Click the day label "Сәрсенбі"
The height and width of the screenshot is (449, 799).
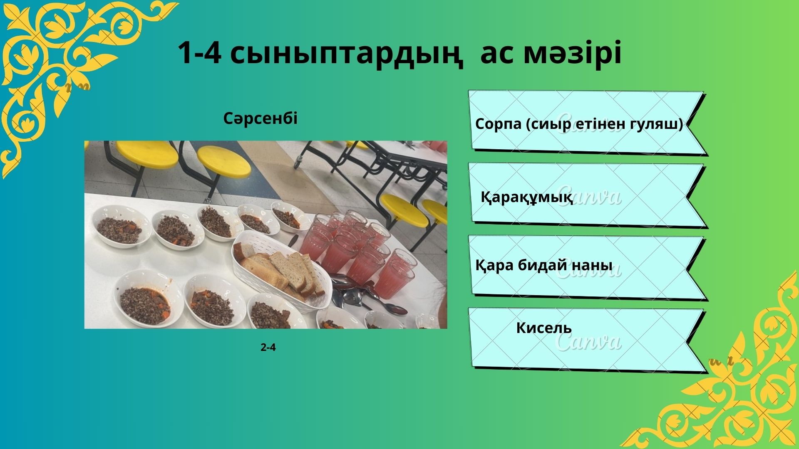coord(261,119)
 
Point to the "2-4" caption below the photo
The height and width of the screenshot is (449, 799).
coord(268,348)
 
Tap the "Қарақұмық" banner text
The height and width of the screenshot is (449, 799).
coord(527,197)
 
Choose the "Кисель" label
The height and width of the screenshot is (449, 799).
coord(544,328)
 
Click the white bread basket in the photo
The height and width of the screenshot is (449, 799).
coord(281,271)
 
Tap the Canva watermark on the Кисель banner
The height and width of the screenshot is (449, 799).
coord(588,342)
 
